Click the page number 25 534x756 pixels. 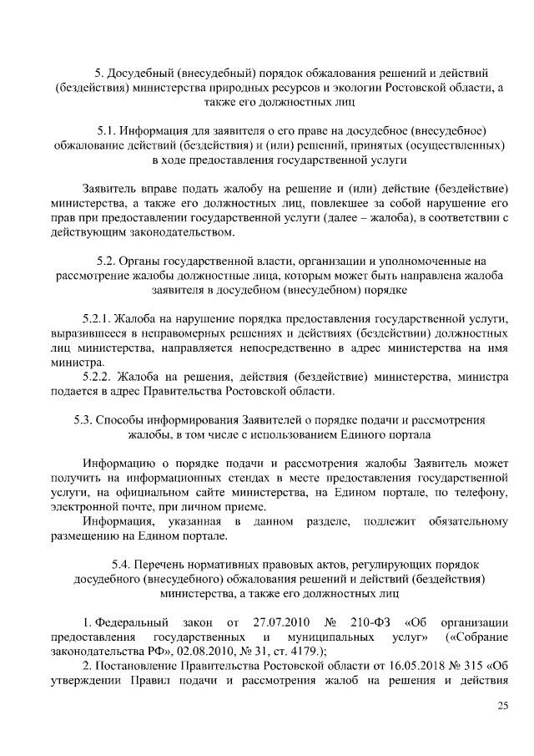[502, 707]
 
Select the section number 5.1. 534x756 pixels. [106, 130]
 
